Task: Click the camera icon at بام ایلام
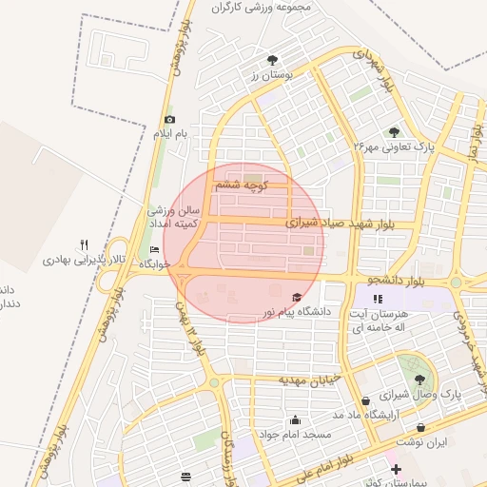point(169,120)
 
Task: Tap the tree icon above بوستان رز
point(275,59)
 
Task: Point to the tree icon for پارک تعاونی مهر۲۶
point(394,133)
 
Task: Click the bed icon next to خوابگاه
point(155,250)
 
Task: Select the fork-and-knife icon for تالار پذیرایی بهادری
point(84,243)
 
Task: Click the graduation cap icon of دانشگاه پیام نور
point(296,297)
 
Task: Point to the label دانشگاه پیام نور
point(295,311)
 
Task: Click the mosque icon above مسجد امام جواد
point(296,419)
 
